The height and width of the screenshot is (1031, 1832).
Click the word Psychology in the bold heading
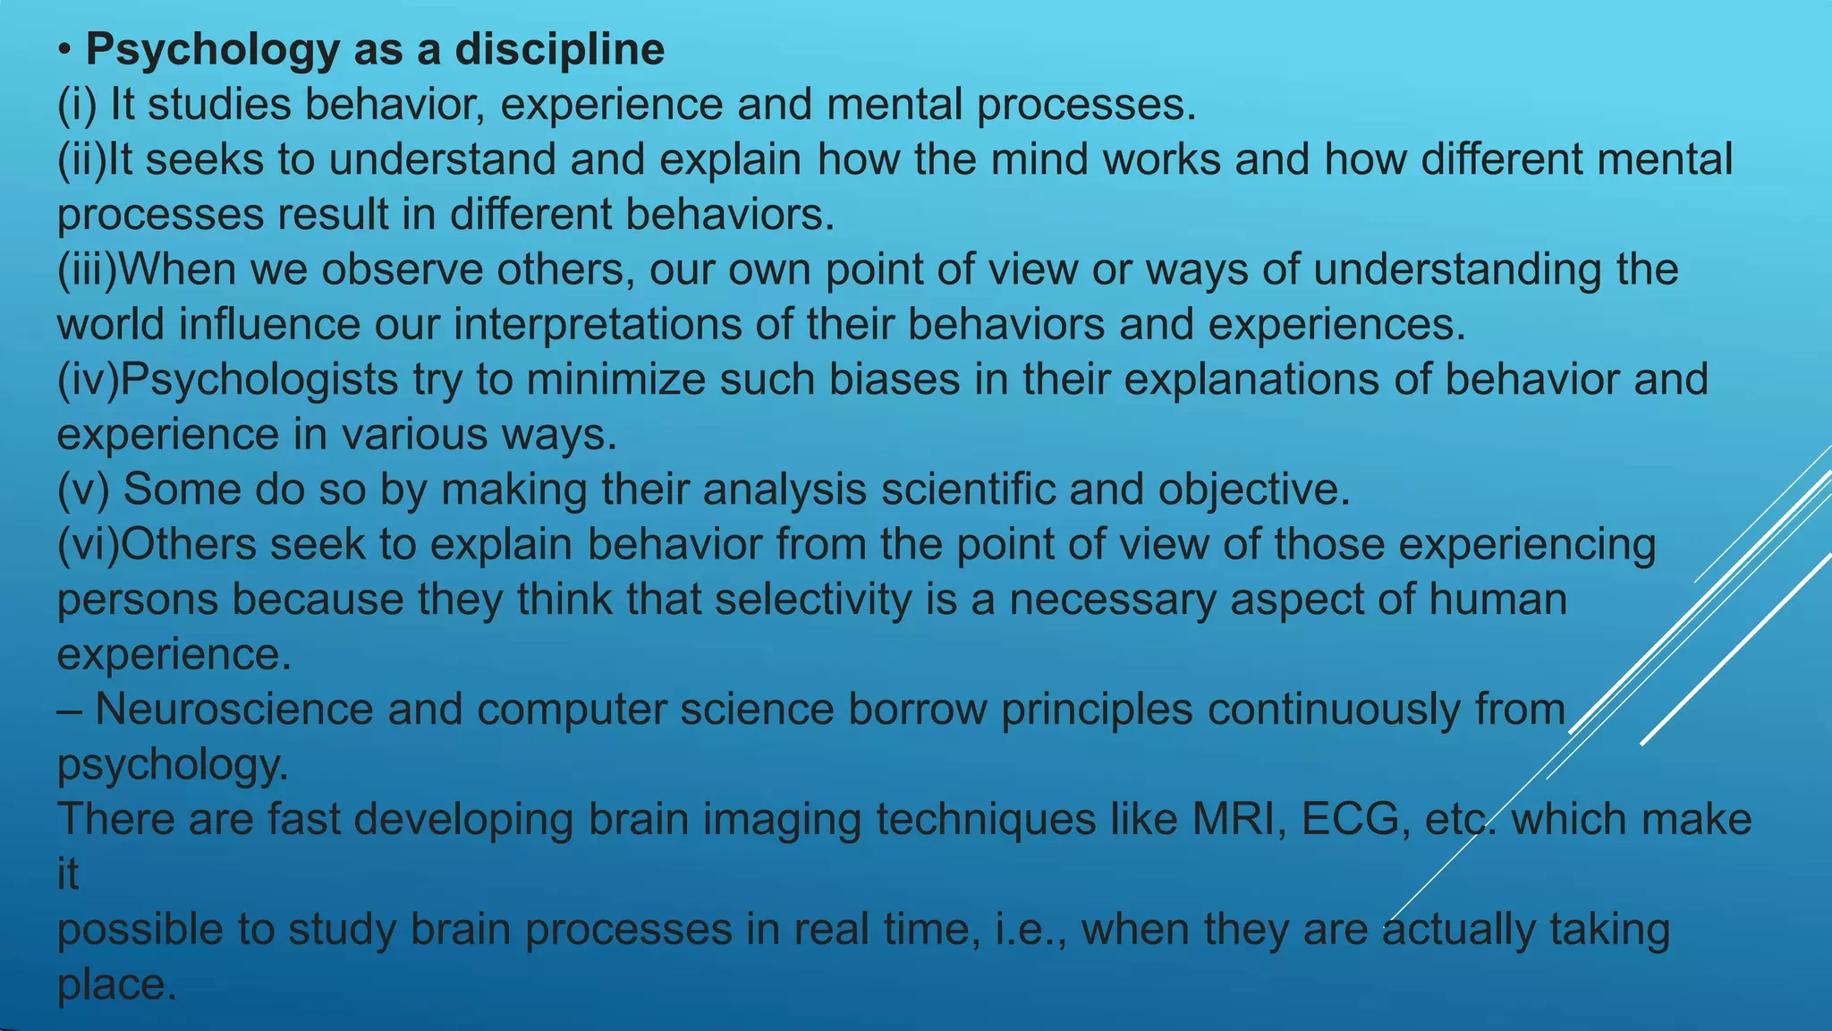[211, 50]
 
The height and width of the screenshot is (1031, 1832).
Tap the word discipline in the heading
[560, 50]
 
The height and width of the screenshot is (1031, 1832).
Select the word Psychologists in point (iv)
[259, 380]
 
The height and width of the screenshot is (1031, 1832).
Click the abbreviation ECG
[1350, 820]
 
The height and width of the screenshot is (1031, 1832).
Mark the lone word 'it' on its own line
[68, 874]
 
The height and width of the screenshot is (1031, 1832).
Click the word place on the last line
[115, 985]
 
